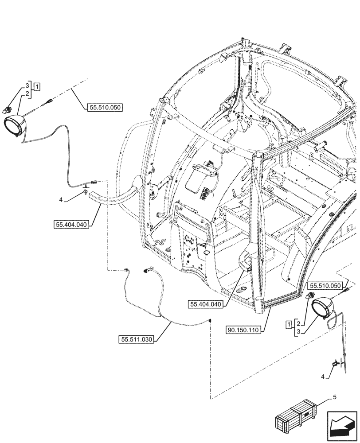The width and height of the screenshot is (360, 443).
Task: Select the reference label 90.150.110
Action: pos(244,330)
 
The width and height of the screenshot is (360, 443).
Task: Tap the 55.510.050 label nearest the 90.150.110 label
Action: pos(326,286)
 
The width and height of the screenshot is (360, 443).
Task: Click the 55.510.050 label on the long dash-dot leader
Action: pos(105,107)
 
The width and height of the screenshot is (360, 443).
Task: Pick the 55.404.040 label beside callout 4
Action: pos(72,225)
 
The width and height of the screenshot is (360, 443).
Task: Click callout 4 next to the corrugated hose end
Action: pos(61,200)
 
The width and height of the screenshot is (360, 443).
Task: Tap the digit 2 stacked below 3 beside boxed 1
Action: pos(27,94)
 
